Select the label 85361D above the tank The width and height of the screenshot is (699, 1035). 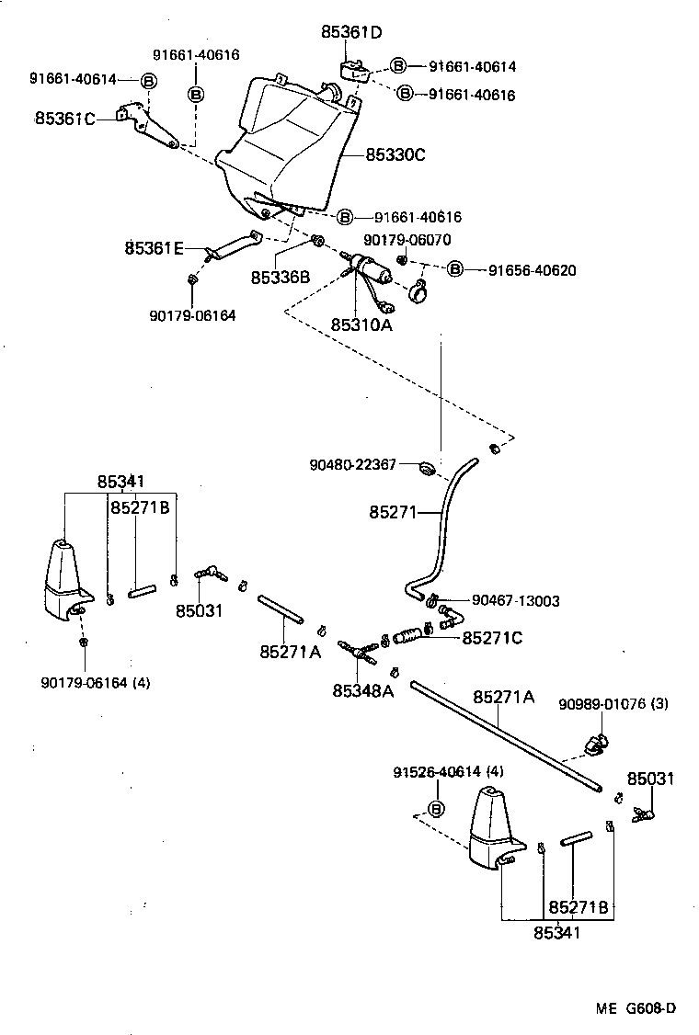[351, 32]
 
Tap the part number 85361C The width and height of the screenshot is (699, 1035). [65, 119]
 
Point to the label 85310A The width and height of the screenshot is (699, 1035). [361, 324]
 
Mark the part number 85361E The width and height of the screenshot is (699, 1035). [155, 247]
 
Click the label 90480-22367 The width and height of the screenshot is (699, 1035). [352, 465]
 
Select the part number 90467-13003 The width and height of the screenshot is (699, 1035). [516, 600]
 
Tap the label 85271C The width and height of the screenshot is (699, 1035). [492, 637]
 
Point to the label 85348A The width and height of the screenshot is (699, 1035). [363, 690]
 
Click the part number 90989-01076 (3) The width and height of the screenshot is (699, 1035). [613, 704]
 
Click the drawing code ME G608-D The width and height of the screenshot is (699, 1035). [635, 1007]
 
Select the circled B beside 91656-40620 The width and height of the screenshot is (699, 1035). [455, 270]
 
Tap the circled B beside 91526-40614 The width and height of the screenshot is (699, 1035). [437, 808]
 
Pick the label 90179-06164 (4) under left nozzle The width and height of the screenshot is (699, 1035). [96, 682]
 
